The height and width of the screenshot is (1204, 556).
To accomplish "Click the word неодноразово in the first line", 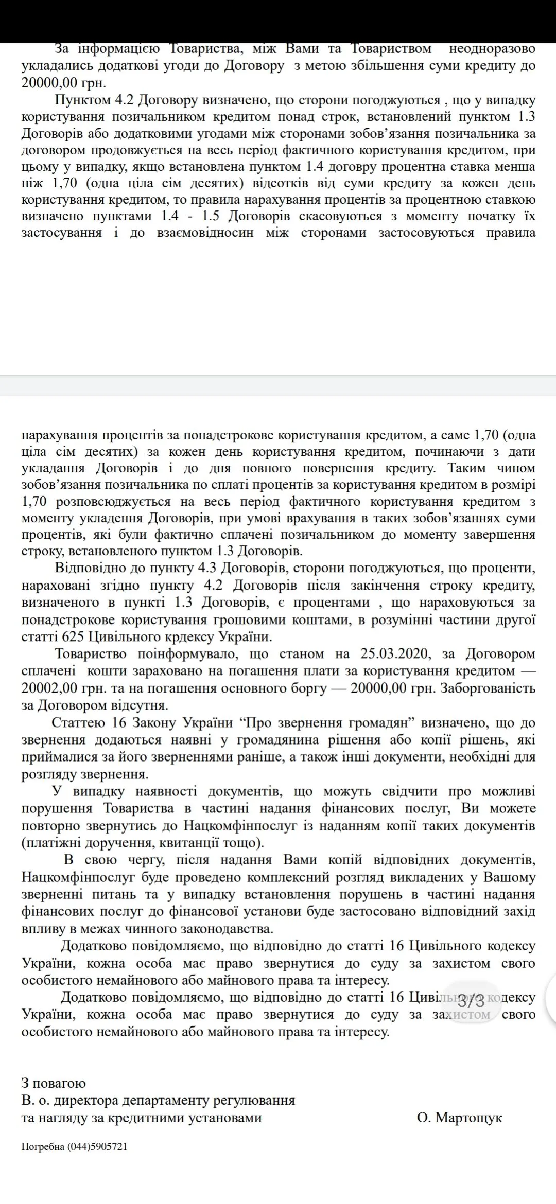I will (x=492, y=49).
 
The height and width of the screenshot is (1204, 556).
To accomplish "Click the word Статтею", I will (x=78, y=722).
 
